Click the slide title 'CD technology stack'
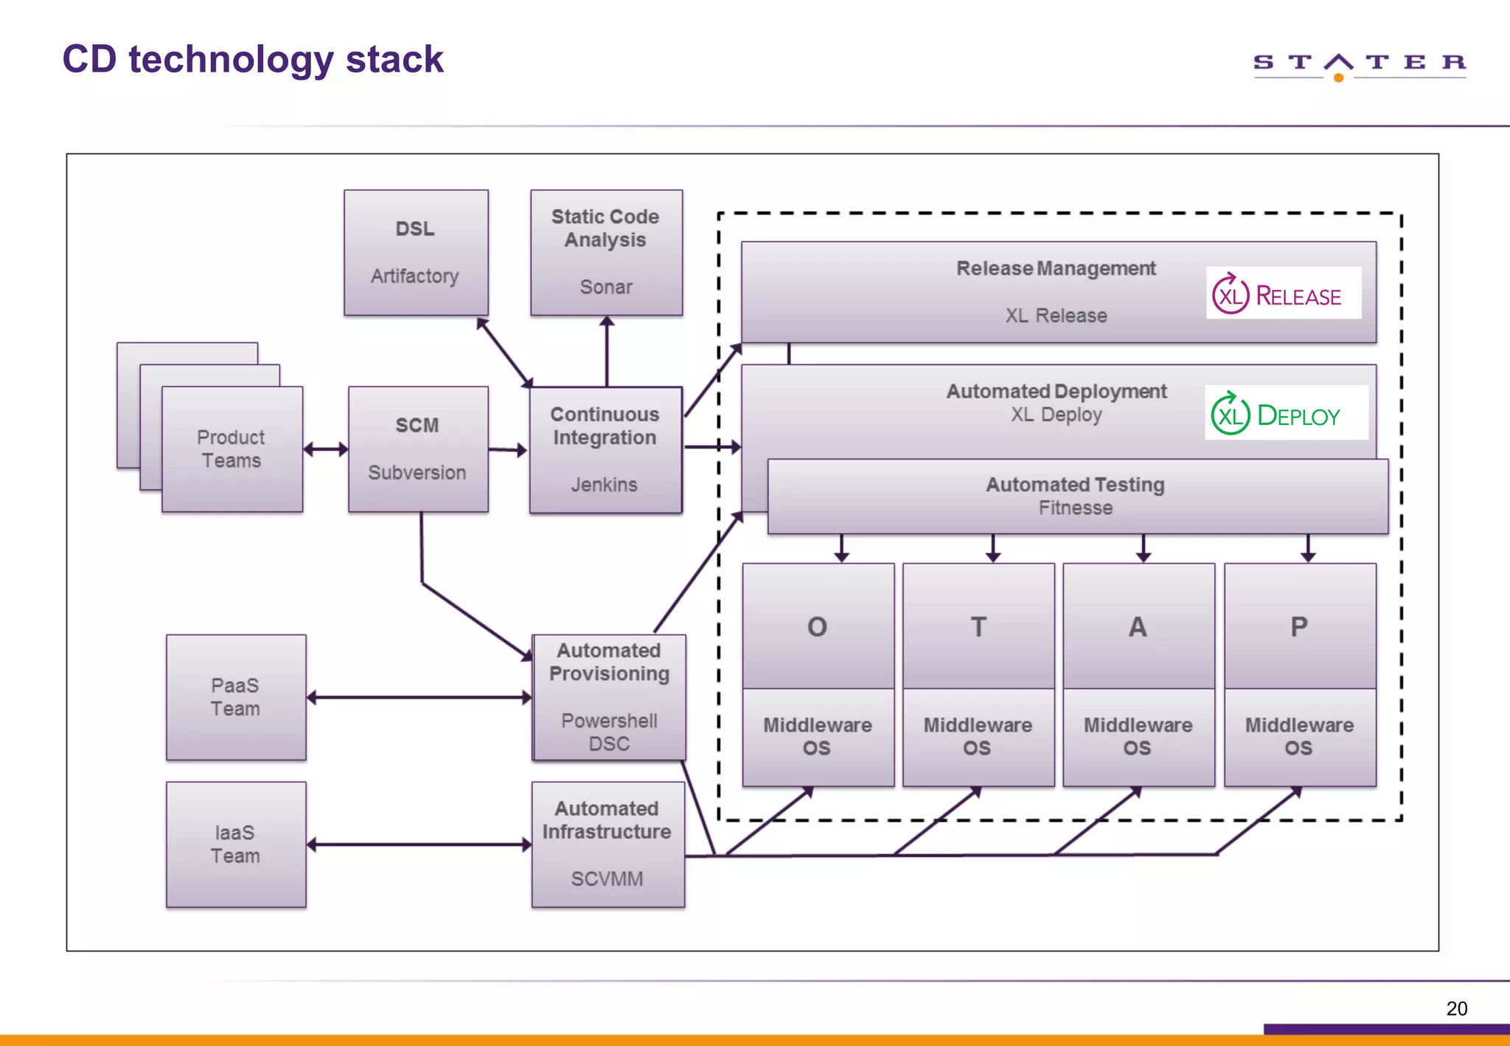coord(252,60)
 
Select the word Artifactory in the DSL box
coord(414,276)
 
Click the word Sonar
coord(605,287)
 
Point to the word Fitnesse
coord(1075,508)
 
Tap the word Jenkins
coord(604,485)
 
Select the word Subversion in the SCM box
coord(417,473)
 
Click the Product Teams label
coord(231,448)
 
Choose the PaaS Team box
coord(235,697)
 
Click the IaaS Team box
coord(235,845)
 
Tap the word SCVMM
coord(607,879)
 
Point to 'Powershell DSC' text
coord(609,732)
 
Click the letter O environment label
coord(817,627)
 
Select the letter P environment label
coord(1298,627)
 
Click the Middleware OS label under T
coord(978,736)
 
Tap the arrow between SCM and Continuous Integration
coord(508,449)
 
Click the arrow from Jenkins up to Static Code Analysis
coord(607,351)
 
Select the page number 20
coord(1456,1008)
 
